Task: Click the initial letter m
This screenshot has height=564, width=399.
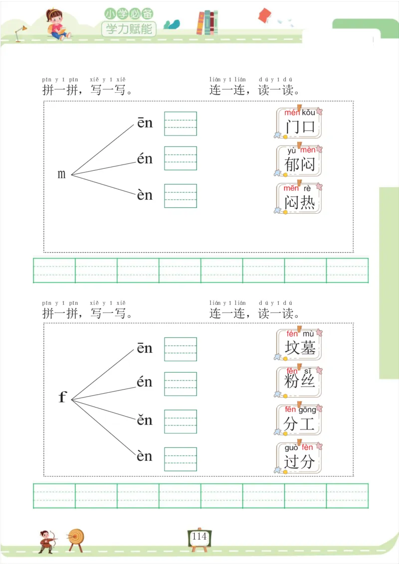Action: coord(62,174)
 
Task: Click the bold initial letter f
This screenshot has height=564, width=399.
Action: coord(62,397)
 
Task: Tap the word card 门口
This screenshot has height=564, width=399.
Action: coord(299,123)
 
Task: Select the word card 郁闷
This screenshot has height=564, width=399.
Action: coord(299,160)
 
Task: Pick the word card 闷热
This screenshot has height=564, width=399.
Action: coord(299,199)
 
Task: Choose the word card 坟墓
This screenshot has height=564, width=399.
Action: coord(299,344)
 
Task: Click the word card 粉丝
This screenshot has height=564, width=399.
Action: coord(299,382)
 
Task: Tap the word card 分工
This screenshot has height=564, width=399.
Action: coord(299,420)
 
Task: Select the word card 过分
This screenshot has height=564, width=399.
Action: coord(299,457)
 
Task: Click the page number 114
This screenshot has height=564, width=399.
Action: coord(199,537)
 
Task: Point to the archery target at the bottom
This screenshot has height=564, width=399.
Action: coord(76,538)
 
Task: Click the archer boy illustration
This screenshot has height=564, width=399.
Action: coord(46,541)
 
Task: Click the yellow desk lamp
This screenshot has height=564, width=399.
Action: coord(20,33)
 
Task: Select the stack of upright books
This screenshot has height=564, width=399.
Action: coord(207,23)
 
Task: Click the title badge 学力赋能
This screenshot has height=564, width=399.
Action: coord(129,29)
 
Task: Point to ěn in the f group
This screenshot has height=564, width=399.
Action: coord(145,420)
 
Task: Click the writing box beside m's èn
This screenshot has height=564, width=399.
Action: coord(181,196)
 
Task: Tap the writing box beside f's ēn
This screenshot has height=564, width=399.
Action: coord(181,349)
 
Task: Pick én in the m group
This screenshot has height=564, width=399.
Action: coord(145,159)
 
